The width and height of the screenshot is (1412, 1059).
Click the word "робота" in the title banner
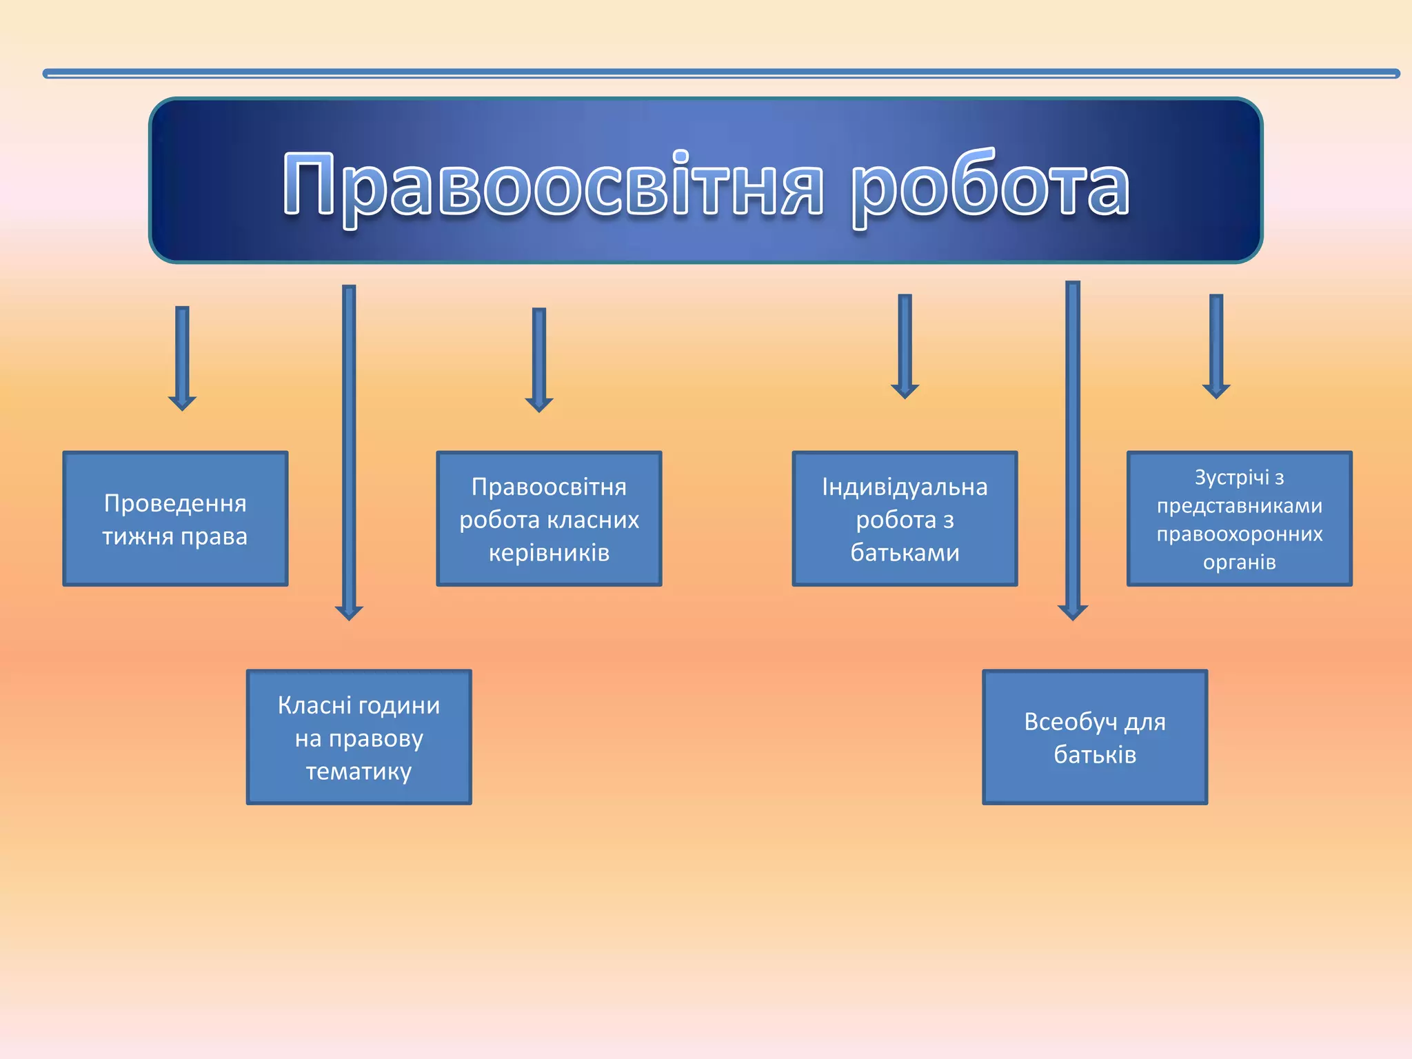(x=990, y=185)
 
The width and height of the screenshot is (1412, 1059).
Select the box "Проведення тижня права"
(x=175, y=518)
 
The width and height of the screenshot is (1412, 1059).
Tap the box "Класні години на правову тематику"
(x=359, y=736)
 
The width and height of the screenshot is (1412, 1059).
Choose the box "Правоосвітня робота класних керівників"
(x=549, y=518)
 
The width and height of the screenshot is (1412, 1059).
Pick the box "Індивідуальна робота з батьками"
(x=905, y=518)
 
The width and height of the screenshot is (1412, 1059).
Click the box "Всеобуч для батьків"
(x=1095, y=736)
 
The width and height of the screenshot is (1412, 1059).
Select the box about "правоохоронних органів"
(x=1239, y=518)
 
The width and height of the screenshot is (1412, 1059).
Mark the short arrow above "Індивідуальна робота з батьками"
(x=905, y=345)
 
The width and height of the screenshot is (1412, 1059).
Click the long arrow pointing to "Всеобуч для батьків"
(x=1073, y=448)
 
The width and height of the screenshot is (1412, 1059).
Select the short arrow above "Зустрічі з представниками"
(x=1216, y=345)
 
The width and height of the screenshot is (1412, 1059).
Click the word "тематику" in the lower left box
(x=359, y=771)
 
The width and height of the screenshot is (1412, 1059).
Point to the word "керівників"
(x=549, y=552)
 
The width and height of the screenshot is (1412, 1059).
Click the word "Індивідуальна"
(x=905, y=487)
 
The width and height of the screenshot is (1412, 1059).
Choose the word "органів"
(x=1239, y=562)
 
